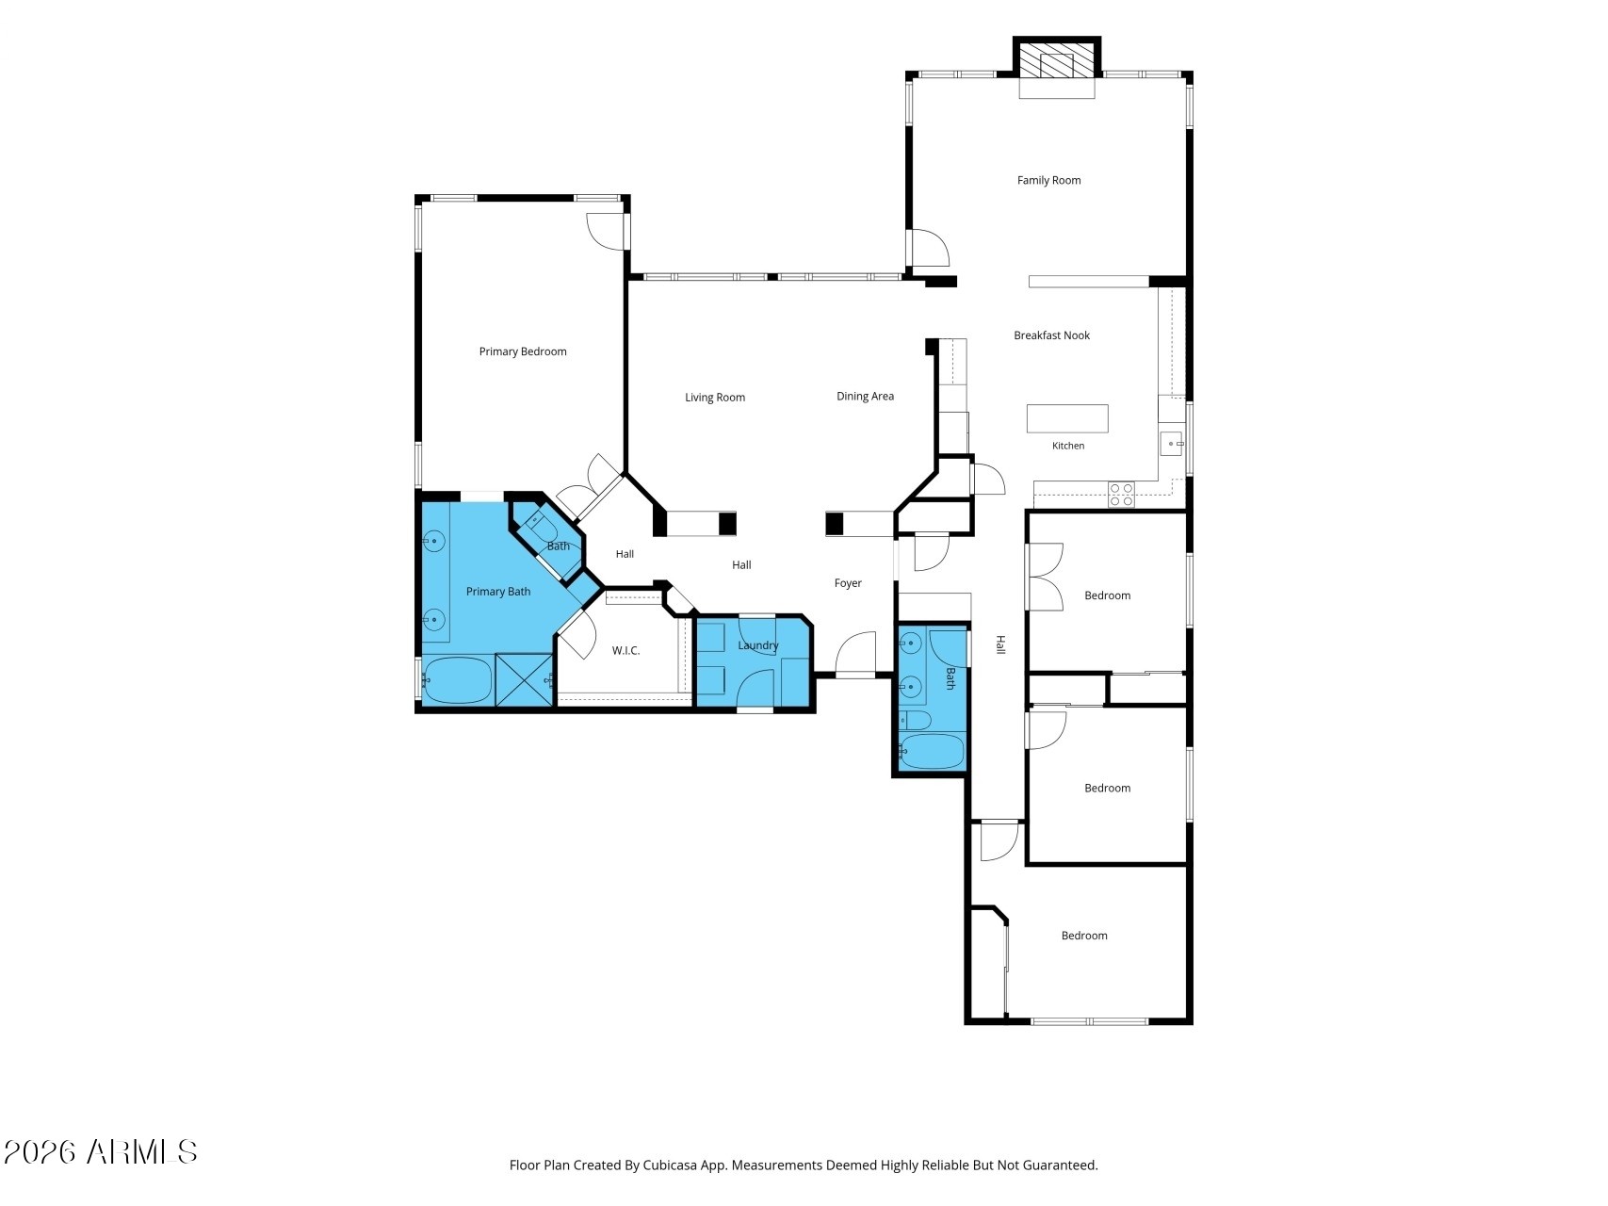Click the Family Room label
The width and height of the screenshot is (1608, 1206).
pyautogui.click(x=1048, y=180)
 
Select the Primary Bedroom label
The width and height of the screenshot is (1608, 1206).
pyautogui.click(x=523, y=351)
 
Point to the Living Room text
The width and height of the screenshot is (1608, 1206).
pyautogui.click(x=715, y=398)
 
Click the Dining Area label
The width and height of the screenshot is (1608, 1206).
pyautogui.click(x=865, y=397)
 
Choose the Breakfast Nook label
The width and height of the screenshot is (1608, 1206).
pyautogui.click(x=1051, y=335)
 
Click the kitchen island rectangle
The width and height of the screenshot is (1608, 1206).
pyautogui.click(x=1067, y=418)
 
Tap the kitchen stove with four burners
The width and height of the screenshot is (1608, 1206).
pyautogui.click(x=1121, y=495)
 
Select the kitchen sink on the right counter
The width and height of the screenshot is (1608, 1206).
pyautogui.click(x=1171, y=443)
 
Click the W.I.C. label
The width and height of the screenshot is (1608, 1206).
pyautogui.click(x=625, y=651)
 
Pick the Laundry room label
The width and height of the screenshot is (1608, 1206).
pyautogui.click(x=758, y=645)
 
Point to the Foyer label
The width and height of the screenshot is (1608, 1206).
pyautogui.click(x=848, y=583)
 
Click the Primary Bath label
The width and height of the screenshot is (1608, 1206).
pyautogui.click(x=498, y=592)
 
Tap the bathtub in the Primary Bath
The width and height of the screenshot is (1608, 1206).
pyautogui.click(x=458, y=679)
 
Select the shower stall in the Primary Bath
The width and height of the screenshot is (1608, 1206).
pyautogui.click(x=524, y=679)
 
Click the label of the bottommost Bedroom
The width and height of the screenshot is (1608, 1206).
pyautogui.click(x=1084, y=936)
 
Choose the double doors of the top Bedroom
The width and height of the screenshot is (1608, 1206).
pyautogui.click(x=1046, y=577)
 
